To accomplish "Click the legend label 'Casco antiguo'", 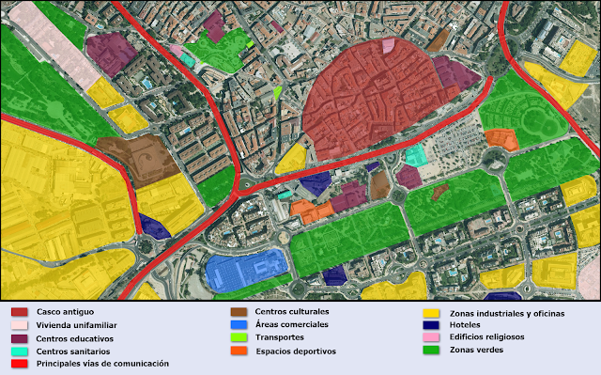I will click(65, 311).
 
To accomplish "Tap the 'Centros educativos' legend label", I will click(74, 337).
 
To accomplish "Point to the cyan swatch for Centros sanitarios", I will click(19, 351).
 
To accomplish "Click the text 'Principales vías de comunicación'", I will click(102, 363).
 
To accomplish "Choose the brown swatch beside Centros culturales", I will click(238, 311).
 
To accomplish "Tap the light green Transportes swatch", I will click(238, 337).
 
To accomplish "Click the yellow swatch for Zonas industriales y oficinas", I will click(430, 312).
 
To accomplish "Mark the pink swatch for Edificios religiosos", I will click(430, 337).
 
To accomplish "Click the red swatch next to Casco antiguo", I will click(19, 311).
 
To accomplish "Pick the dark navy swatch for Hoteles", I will click(430, 324).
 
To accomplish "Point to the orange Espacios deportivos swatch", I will click(238, 352).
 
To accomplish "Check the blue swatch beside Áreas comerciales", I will click(238, 324).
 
